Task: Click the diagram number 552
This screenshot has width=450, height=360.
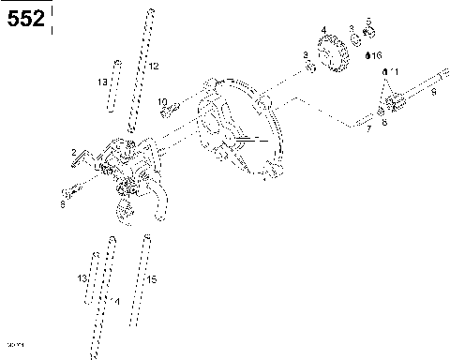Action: [x=26, y=18]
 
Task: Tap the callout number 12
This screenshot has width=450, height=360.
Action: [x=154, y=66]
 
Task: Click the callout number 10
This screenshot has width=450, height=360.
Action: [x=162, y=101]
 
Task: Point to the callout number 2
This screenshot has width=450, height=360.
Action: [x=74, y=152]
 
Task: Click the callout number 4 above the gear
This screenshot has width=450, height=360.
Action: [x=323, y=30]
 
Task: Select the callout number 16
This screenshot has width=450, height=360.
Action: [x=377, y=56]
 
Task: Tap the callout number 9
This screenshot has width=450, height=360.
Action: [x=432, y=92]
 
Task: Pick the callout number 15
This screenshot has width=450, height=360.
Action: [x=153, y=280]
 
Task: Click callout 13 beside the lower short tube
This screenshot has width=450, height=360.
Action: [x=82, y=279]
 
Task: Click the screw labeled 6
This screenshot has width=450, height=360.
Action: [x=73, y=196]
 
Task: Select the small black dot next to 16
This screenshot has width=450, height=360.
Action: [x=368, y=55]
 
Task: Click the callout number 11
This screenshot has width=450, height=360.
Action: [x=394, y=72]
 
